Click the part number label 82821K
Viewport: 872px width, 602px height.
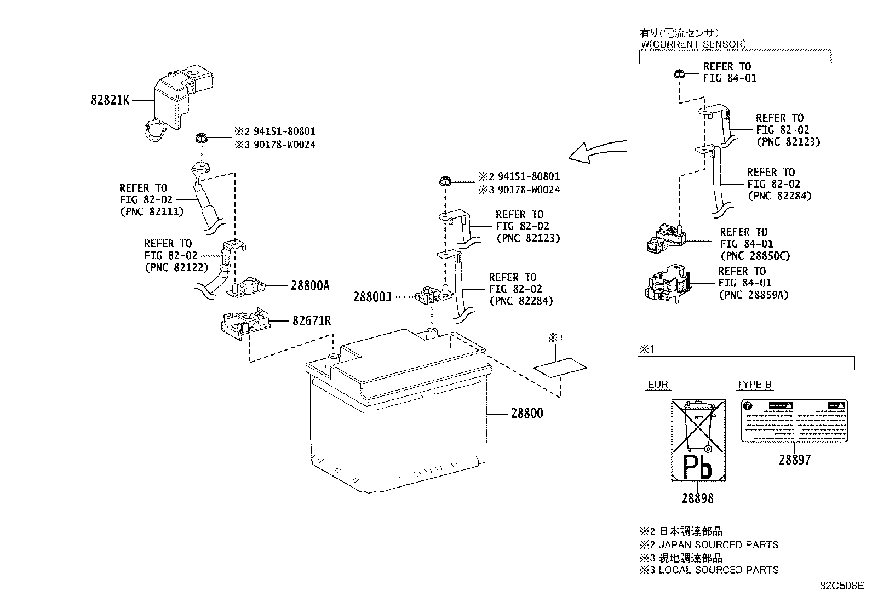[110, 101]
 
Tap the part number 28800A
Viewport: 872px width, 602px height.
[310, 285]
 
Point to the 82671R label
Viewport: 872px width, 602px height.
[311, 321]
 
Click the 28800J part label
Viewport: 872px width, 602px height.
[372, 297]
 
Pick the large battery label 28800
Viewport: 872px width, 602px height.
[527, 414]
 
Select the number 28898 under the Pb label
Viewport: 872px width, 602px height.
[697, 498]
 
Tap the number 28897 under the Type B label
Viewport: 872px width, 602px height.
[794, 460]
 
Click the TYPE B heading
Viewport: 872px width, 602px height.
[754, 385]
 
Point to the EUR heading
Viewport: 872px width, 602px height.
[658, 385]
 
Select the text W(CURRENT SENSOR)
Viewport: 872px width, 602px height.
[693, 44]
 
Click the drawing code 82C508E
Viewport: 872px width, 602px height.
[841, 586]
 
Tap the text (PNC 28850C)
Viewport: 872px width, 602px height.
[755, 256]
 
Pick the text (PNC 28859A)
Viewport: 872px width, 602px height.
[753, 295]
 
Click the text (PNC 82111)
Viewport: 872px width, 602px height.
[152, 211]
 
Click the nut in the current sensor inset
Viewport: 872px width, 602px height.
[678, 73]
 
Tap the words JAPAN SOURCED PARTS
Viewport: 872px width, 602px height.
[718, 545]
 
